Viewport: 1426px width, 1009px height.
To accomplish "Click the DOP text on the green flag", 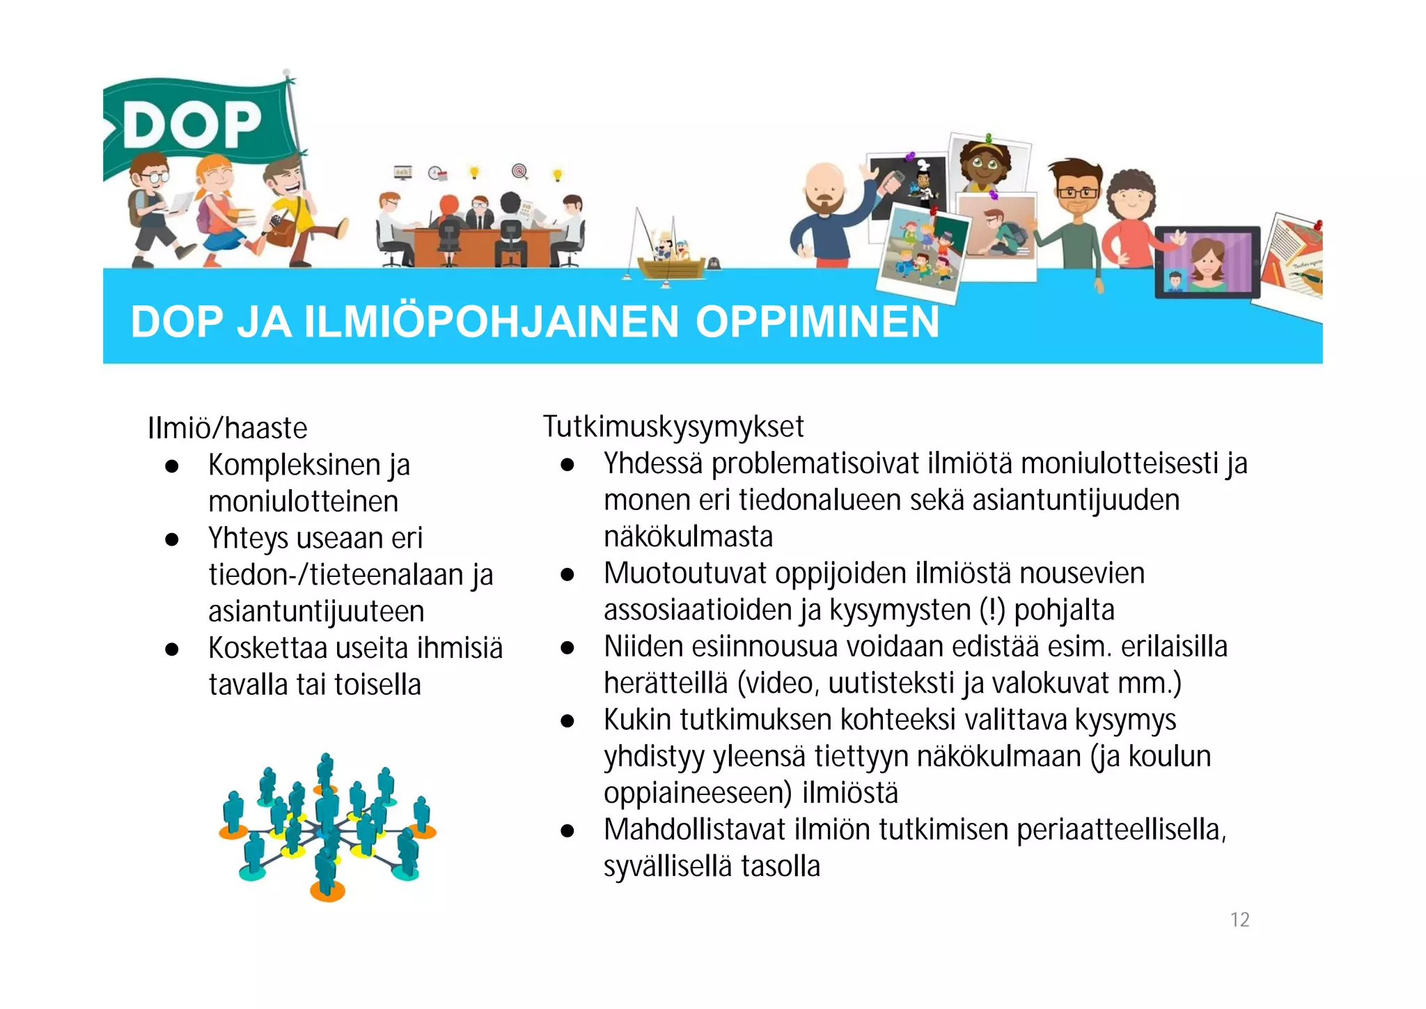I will click(193, 125).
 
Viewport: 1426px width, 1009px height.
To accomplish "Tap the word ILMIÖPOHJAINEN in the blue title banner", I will click(491, 322).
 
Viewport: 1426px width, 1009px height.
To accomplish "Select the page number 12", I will click(1239, 920).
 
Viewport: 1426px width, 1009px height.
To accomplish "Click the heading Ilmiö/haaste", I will click(227, 428).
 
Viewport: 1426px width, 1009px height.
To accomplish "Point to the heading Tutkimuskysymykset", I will click(673, 426).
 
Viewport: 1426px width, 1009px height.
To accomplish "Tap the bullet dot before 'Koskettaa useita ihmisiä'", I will click(172, 649).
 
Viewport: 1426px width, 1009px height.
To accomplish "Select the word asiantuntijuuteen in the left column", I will click(316, 612).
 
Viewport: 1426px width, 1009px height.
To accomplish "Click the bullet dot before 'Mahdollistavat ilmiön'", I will click(567, 831).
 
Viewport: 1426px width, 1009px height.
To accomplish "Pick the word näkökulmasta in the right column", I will click(688, 537).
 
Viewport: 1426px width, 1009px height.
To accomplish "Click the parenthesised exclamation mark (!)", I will click(992, 610).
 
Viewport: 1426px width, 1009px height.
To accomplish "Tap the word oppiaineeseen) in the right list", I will click(698, 793).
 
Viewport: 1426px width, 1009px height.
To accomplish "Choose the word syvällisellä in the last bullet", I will click(667, 867).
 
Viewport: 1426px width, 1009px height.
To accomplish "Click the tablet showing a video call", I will click(1207, 262).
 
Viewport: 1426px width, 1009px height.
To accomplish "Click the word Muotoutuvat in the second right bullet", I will click(684, 573).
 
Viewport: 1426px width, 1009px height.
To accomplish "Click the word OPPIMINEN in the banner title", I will click(817, 322).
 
